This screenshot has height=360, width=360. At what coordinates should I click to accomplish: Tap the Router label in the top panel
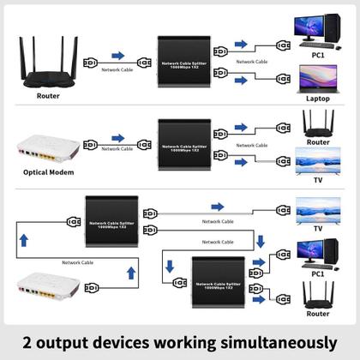[x=49, y=95]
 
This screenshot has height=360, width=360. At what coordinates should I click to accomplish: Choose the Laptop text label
[x=317, y=99]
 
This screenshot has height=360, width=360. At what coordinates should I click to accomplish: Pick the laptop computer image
[x=318, y=78]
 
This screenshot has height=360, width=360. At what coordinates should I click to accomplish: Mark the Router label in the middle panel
[x=319, y=141]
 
